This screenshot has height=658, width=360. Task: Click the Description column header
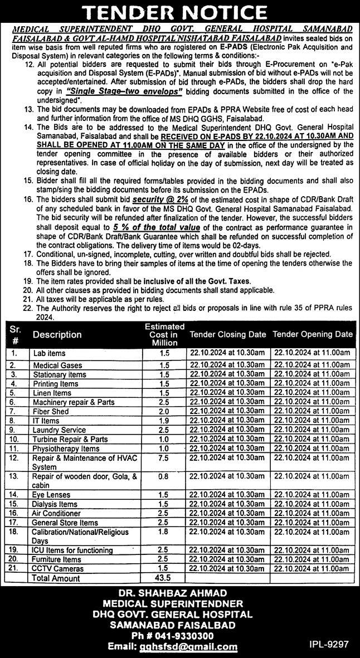(57, 335)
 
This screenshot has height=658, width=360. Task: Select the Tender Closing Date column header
(227, 334)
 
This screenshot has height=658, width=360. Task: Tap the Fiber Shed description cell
(52, 411)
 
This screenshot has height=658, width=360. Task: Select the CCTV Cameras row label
(58, 568)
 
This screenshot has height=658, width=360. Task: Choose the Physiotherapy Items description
(66, 449)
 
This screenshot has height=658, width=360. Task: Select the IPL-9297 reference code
(329, 644)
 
